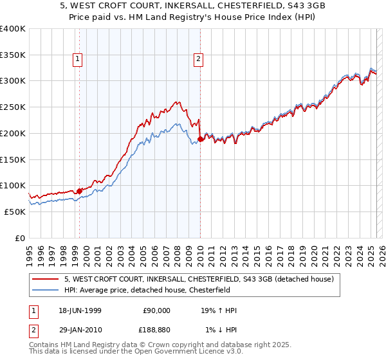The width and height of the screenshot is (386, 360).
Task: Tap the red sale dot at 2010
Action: pyautogui.click(x=200, y=138)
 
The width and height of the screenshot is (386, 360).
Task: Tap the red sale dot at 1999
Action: pyautogui.click(x=79, y=190)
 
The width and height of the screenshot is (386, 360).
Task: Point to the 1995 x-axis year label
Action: pyautogui.click(x=30, y=251)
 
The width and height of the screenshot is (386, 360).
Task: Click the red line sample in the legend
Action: pyautogui.click(x=45, y=280)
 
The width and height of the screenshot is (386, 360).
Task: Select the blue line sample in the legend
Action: pyautogui.click(x=45, y=291)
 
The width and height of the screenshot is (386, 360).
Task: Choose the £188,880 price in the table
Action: pyautogui.click(x=155, y=330)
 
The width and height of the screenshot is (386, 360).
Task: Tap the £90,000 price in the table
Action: pyautogui.click(x=156, y=310)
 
